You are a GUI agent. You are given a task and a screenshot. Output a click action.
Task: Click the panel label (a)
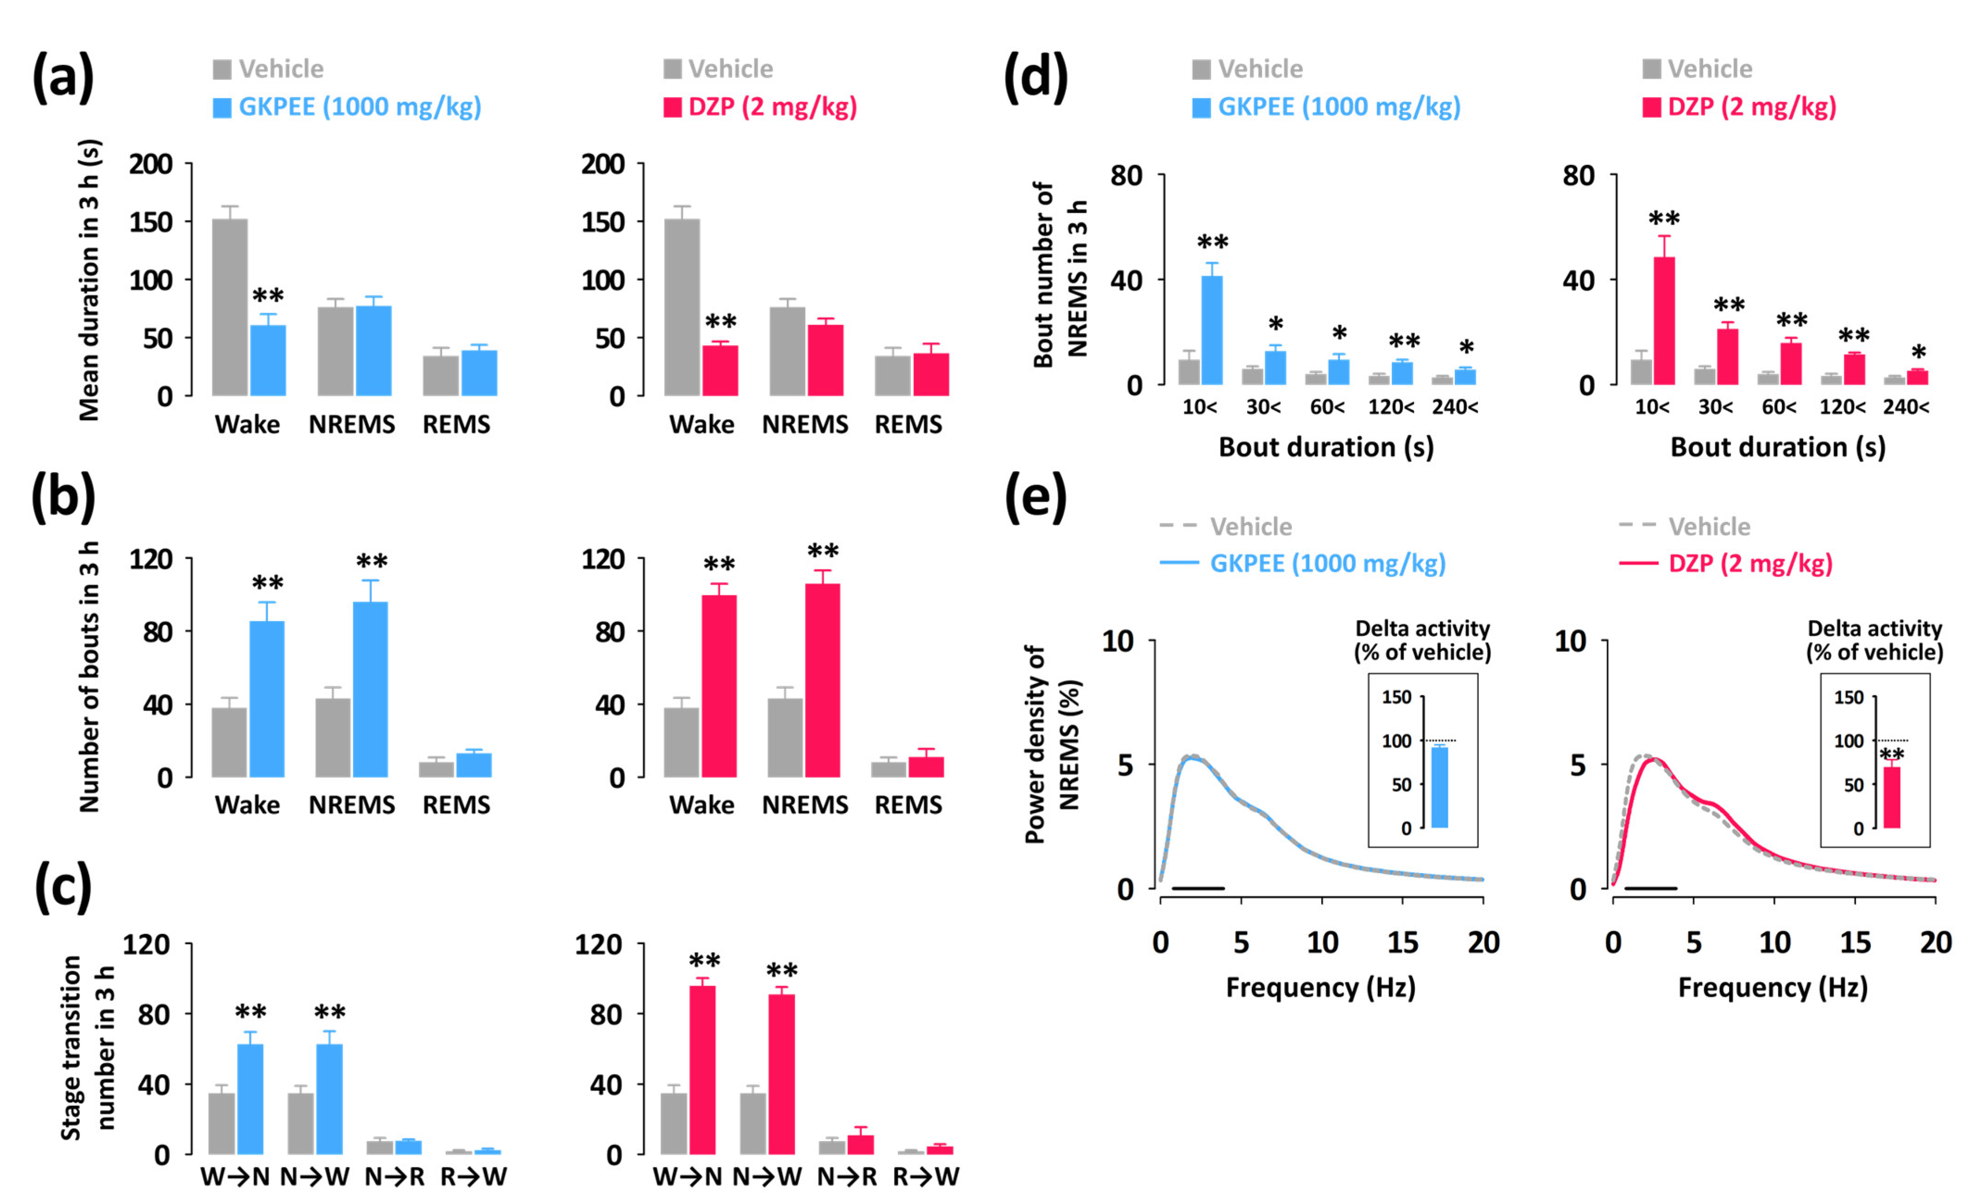click(x=63, y=78)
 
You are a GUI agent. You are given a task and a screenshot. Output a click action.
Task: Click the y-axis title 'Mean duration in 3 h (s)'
click(x=89, y=280)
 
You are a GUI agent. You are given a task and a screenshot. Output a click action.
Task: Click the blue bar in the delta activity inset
click(x=1439, y=787)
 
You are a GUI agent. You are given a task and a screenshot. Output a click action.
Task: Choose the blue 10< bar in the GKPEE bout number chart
click(x=1211, y=330)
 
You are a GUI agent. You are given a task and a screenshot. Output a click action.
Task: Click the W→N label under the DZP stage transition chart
click(x=687, y=1177)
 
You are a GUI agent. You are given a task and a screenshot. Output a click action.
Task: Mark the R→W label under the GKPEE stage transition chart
click(x=473, y=1177)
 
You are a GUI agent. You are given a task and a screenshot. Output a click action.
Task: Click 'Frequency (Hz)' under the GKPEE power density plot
click(x=1320, y=987)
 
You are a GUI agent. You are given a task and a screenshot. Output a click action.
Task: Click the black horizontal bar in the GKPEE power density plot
click(x=1197, y=888)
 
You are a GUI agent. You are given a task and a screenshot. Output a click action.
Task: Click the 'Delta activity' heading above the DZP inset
click(x=1874, y=629)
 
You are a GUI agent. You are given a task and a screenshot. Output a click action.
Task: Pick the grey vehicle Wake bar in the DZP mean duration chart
click(x=681, y=307)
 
